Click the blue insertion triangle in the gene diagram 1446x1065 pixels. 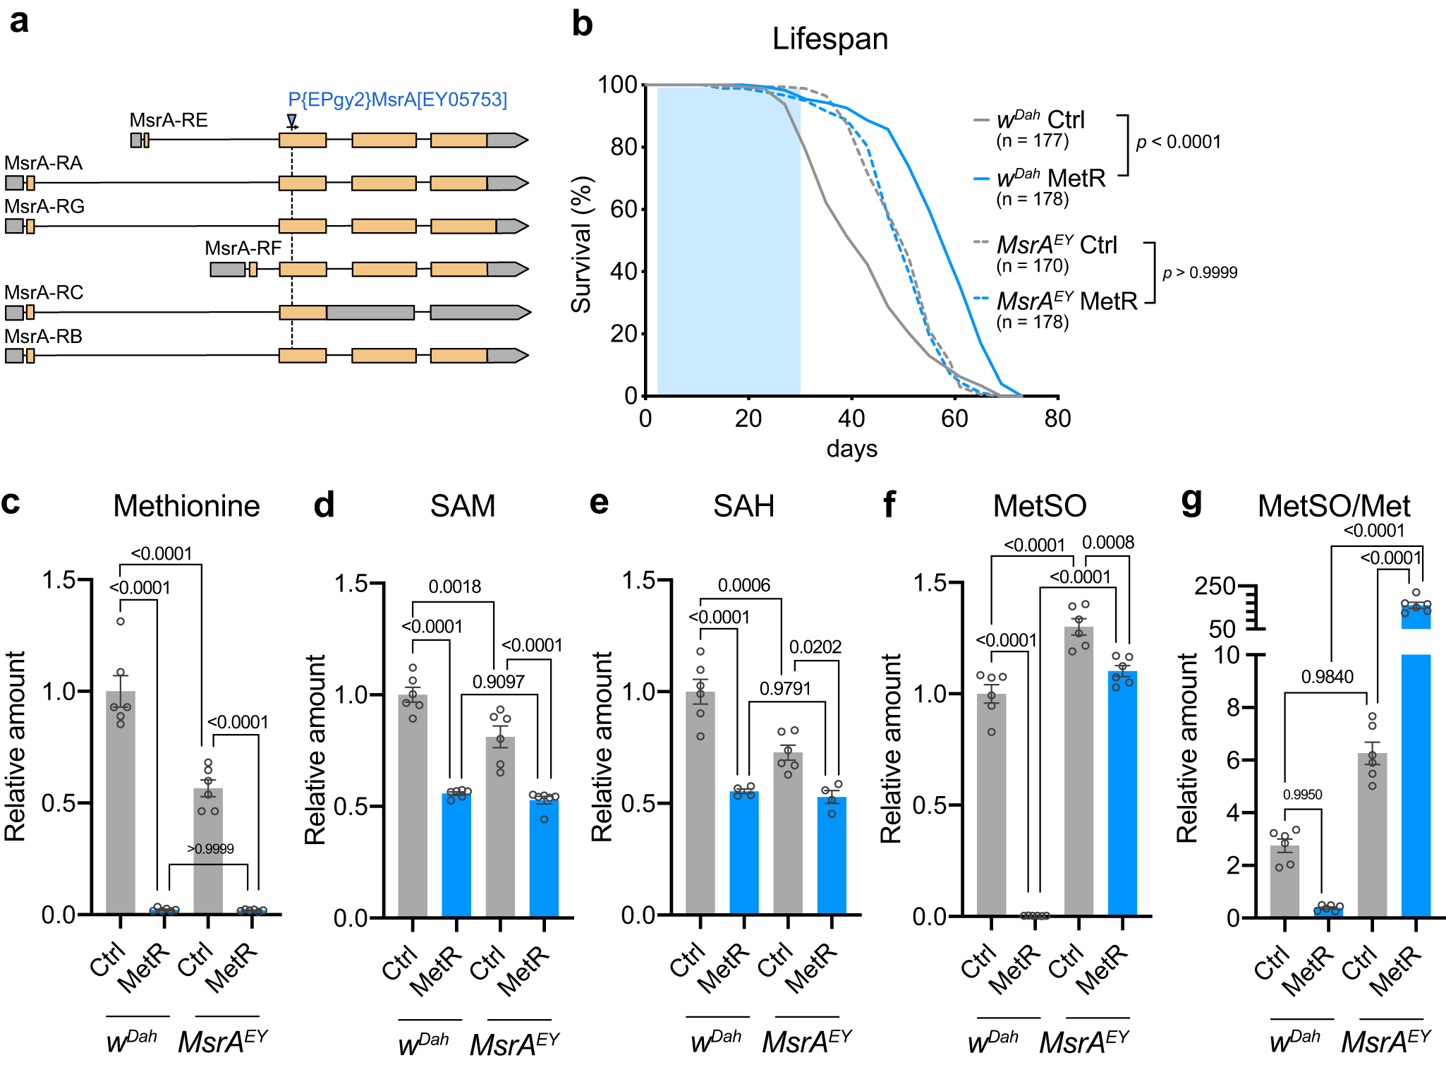(x=291, y=120)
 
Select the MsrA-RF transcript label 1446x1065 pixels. (x=243, y=248)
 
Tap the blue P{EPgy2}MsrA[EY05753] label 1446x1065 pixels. (x=397, y=100)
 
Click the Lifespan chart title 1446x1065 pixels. (x=830, y=39)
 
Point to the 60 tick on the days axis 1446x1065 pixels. (x=954, y=419)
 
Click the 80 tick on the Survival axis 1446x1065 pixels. (x=624, y=147)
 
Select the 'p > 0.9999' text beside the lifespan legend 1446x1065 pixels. (x=1200, y=272)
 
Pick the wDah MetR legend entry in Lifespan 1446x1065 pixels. (x=1050, y=179)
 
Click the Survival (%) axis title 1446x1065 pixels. (x=581, y=244)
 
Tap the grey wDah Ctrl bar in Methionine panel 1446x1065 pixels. (x=121, y=805)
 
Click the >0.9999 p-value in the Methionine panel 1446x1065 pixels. (x=210, y=849)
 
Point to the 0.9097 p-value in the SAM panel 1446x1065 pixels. (x=498, y=682)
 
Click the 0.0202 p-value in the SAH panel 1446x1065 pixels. (x=815, y=646)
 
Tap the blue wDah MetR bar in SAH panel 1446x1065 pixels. (x=744, y=854)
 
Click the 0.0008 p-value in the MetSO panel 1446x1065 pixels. (x=1108, y=542)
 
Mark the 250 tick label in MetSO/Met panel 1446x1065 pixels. (x=1215, y=586)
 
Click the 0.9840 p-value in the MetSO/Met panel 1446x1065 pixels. (x=1327, y=677)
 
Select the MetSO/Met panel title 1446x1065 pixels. (x=1333, y=505)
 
